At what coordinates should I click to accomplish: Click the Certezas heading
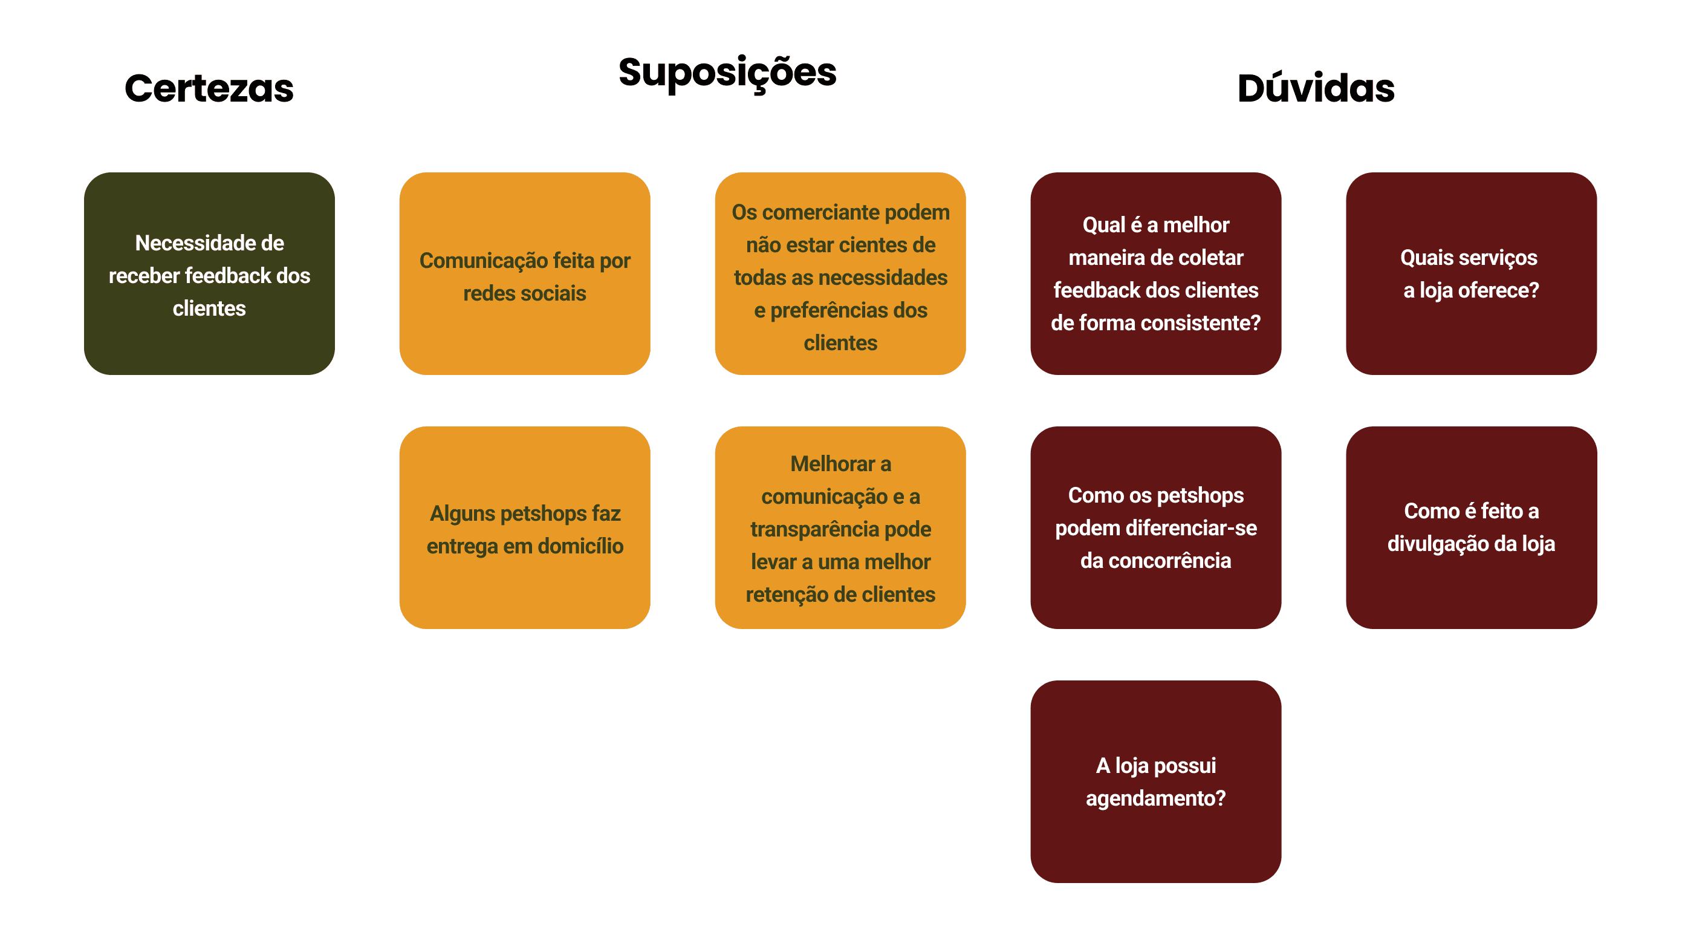pos(209,88)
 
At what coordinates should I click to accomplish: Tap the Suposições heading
pos(727,72)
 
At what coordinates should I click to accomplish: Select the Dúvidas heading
pos(1316,88)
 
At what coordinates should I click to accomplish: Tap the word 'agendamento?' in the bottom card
pos(1156,798)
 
